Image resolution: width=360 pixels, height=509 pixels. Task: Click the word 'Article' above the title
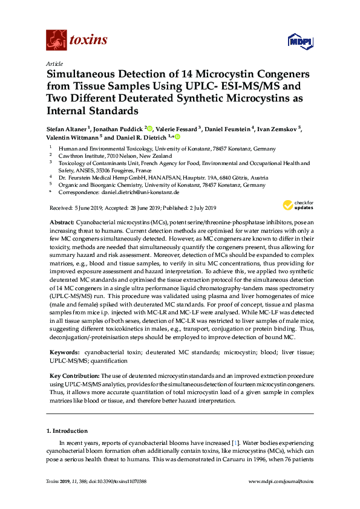point(54,63)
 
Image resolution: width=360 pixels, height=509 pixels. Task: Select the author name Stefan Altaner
point(67,129)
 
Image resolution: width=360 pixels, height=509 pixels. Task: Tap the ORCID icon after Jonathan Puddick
point(150,129)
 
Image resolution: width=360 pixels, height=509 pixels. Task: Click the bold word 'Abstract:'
point(61,223)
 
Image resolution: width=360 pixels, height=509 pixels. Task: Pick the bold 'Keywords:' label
point(64,351)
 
